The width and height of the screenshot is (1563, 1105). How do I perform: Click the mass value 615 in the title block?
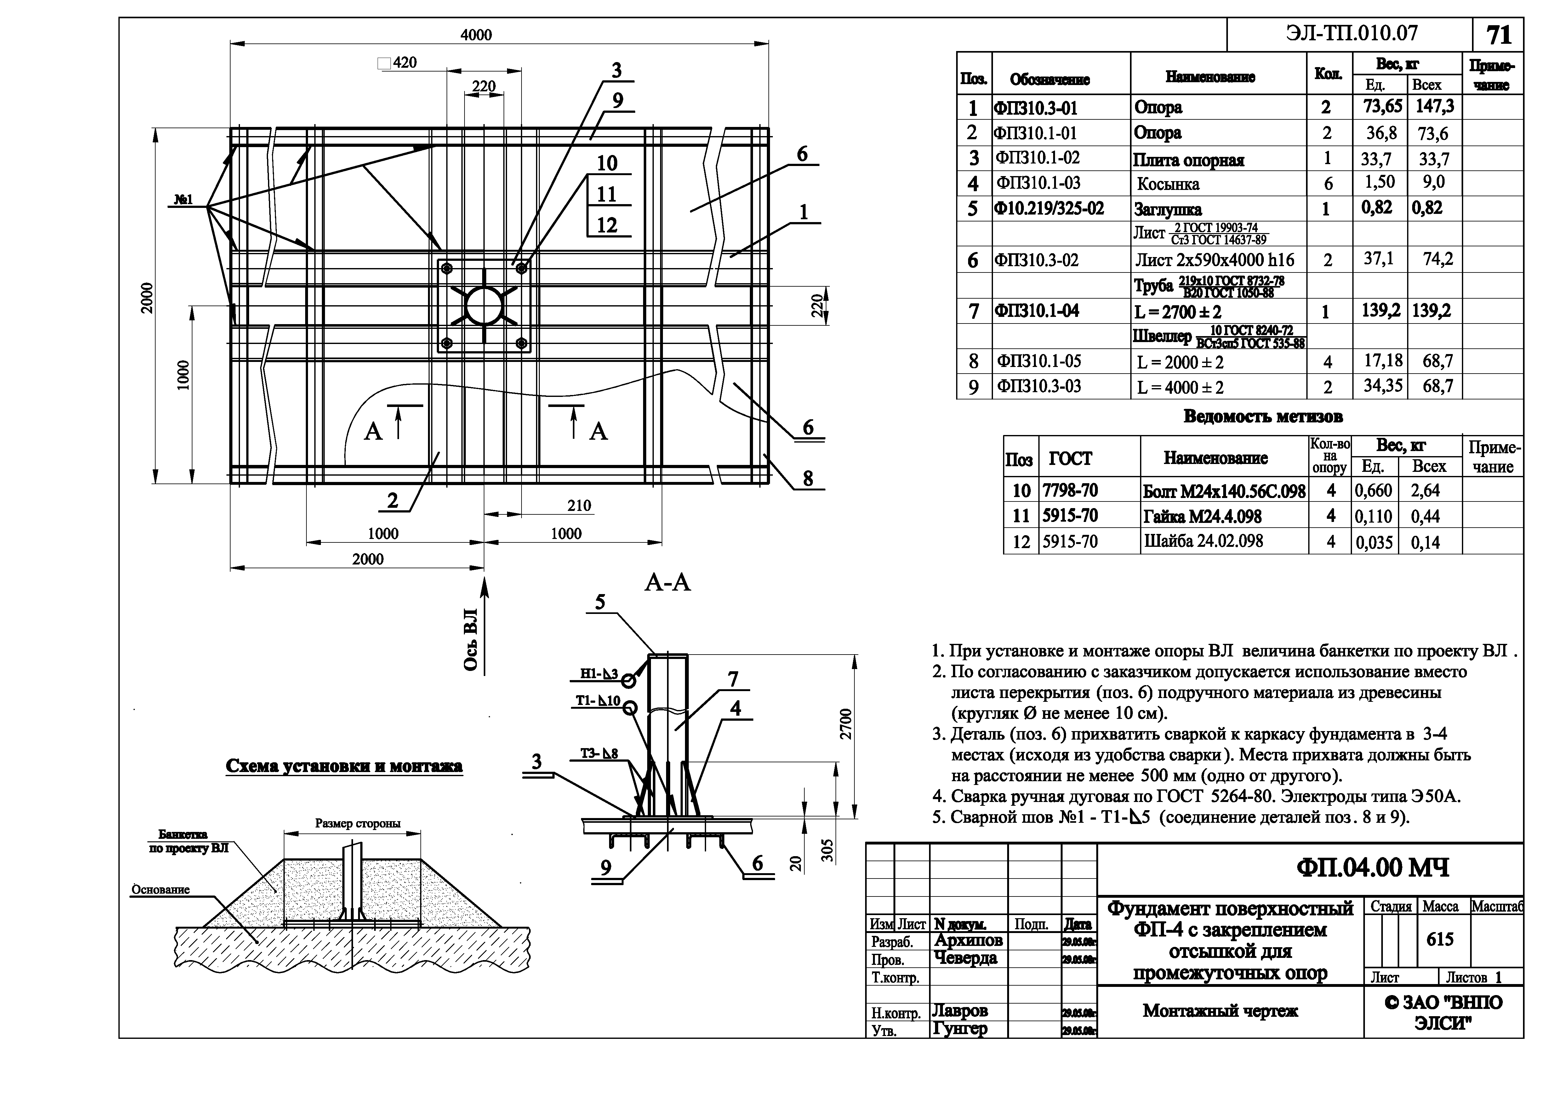pyautogui.click(x=1440, y=940)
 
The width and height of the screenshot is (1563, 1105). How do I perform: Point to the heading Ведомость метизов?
pyautogui.click(x=1263, y=416)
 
